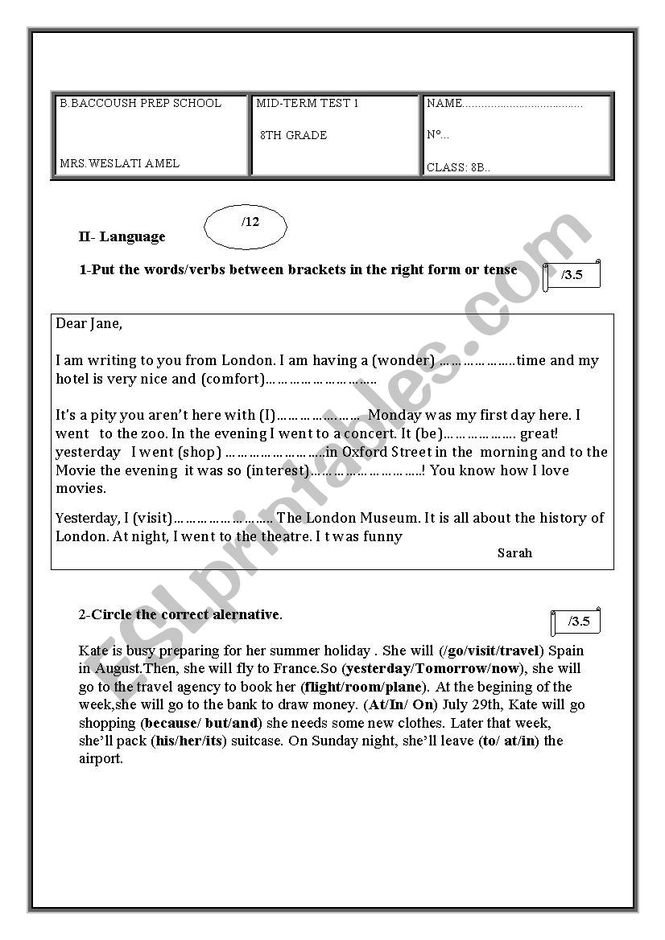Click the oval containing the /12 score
pos(245,228)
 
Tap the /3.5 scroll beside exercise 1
pos(572,276)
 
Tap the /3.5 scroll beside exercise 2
pos(577,622)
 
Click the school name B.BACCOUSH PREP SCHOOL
pos(140,103)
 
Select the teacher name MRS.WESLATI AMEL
pos(119,163)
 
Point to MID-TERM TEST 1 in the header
pos(308,103)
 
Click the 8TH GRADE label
pos(294,135)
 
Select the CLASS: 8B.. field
pos(458,167)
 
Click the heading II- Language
pos(122,236)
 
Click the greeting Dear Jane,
pos(89,323)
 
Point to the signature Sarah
pos(514,552)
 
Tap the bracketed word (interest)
pos(278,470)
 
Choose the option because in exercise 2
pos(171,723)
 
